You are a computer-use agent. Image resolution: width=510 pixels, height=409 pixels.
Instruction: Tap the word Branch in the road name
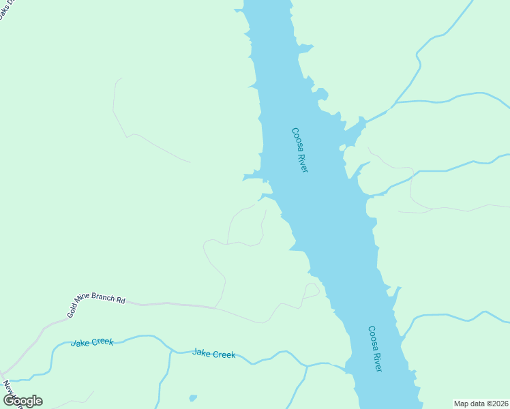(x=106, y=299)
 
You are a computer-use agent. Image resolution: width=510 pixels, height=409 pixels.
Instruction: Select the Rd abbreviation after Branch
(x=121, y=300)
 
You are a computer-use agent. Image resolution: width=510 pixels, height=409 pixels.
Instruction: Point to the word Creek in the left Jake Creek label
(x=101, y=341)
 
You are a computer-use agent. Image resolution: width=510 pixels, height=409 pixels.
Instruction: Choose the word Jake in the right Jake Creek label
(x=202, y=352)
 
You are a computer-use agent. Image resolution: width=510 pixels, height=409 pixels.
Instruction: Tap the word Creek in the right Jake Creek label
(x=224, y=354)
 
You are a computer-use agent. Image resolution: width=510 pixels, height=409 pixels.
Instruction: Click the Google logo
(x=22, y=400)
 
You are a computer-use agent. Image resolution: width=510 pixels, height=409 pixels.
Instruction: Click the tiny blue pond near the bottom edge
(x=194, y=397)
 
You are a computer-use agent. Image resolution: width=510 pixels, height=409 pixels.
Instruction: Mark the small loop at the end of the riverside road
(x=312, y=290)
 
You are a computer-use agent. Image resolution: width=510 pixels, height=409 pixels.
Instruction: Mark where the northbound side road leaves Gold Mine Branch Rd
(x=215, y=308)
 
